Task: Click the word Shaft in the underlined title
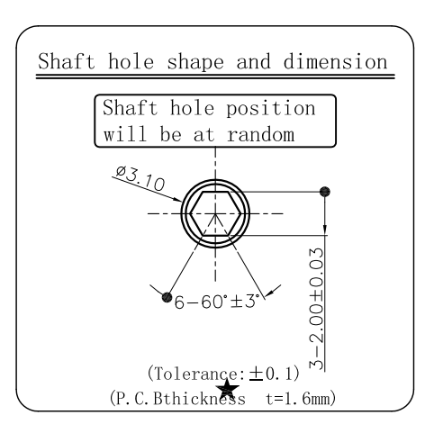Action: (x=66, y=61)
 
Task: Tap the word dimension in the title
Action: (x=335, y=61)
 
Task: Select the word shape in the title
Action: (x=195, y=61)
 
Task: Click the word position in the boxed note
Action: (x=271, y=108)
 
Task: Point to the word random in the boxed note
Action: (x=260, y=134)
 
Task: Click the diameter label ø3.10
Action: (x=140, y=179)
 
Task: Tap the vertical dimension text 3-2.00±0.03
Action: (x=317, y=309)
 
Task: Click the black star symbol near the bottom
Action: (x=228, y=388)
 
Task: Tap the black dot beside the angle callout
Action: (x=167, y=297)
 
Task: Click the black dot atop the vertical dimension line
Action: (x=325, y=192)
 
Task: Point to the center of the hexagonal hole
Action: (x=215, y=213)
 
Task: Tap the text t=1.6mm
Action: (x=298, y=399)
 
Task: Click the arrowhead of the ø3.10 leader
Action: (x=178, y=199)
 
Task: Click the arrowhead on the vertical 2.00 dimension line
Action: (x=325, y=230)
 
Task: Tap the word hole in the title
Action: (x=131, y=61)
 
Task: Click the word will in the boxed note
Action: (x=125, y=133)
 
